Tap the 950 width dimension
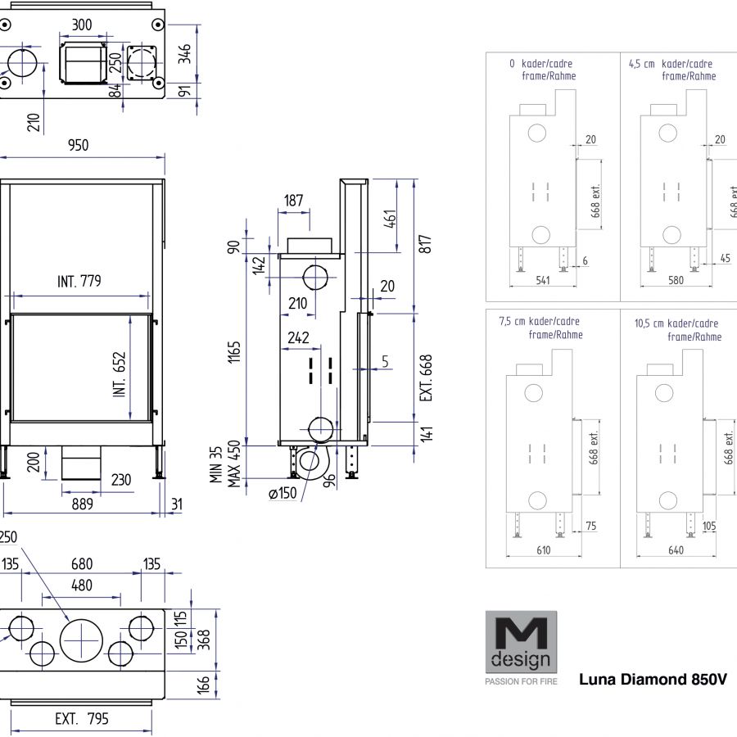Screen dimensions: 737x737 [x=78, y=145]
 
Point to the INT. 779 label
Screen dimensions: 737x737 [x=79, y=283]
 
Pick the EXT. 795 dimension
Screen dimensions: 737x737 [x=81, y=720]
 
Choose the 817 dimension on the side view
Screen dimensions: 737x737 [x=424, y=244]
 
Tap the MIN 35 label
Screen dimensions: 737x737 [x=216, y=465]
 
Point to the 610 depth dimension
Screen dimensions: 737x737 [x=521, y=550]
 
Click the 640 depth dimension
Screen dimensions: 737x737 [x=676, y=550]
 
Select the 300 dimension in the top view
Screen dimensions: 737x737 [x=82, y=25]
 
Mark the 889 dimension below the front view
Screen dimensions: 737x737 [x=81, y=504]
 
